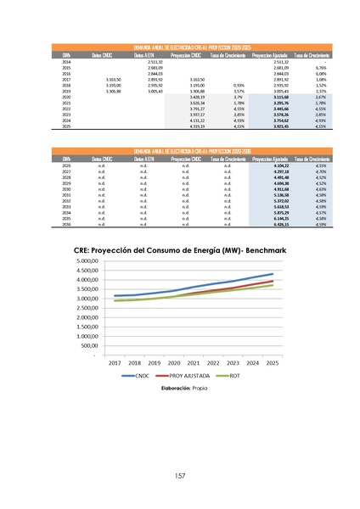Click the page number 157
click(180, 475)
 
